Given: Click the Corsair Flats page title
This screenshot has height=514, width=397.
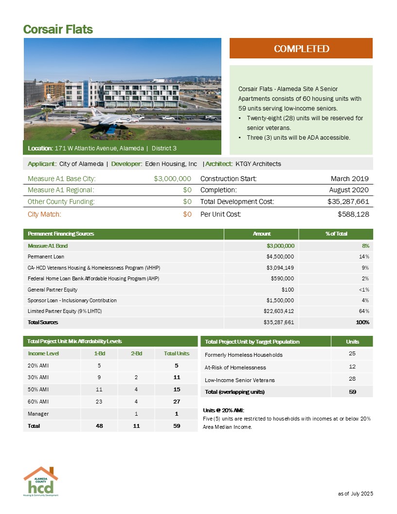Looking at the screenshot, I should coord(58,29).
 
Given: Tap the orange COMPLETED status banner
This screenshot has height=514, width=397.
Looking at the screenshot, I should coord(301,48).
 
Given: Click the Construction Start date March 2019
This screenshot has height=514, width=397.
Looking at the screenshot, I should coord(349,178).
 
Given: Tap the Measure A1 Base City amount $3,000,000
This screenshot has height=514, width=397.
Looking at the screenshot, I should coord(172,178).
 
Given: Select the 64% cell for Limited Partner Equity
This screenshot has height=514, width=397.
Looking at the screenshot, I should coord(362,311).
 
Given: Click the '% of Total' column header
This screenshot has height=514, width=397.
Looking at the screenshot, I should coord(336,234).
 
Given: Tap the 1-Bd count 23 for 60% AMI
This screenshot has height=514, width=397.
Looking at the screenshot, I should coord(100,402).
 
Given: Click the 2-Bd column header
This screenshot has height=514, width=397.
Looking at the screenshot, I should coord(136,353).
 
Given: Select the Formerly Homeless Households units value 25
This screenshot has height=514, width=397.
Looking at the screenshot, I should coord(352,354).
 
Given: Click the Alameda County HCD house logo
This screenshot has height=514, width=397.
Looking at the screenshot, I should coord(41,481).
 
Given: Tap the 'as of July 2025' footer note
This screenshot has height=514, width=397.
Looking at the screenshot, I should coord(355,494).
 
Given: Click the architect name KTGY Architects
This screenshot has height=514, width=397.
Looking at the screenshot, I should coord(258,164).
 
